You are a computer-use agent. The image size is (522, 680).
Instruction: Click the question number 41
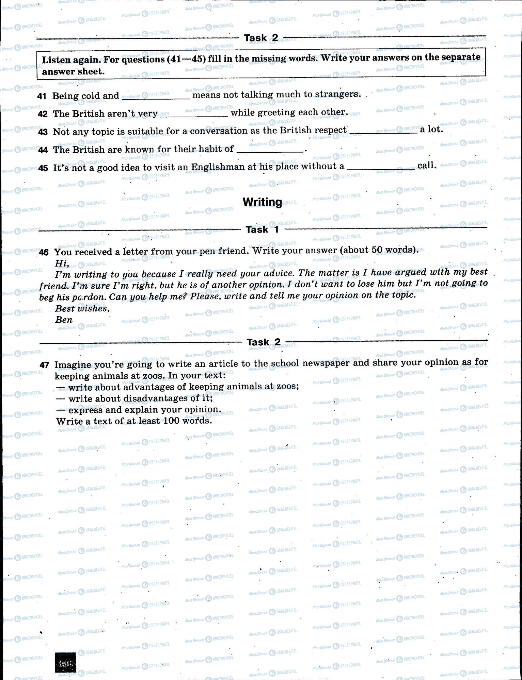point(42,96)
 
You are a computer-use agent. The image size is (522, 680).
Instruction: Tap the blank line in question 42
point(194,116)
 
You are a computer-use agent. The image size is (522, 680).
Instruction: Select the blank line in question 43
point(383,133)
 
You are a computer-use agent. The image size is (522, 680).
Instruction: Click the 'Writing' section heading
point(262,202)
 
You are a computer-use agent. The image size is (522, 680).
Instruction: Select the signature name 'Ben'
point(64,320)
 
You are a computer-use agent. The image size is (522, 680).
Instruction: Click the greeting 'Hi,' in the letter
point(62,263)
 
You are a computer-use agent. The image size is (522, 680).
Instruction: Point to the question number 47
point(44,365)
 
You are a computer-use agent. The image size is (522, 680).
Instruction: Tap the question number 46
point(44,252)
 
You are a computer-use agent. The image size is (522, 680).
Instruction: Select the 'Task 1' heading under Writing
point(262,230)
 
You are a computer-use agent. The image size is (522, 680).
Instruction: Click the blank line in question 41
point(155,98)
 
